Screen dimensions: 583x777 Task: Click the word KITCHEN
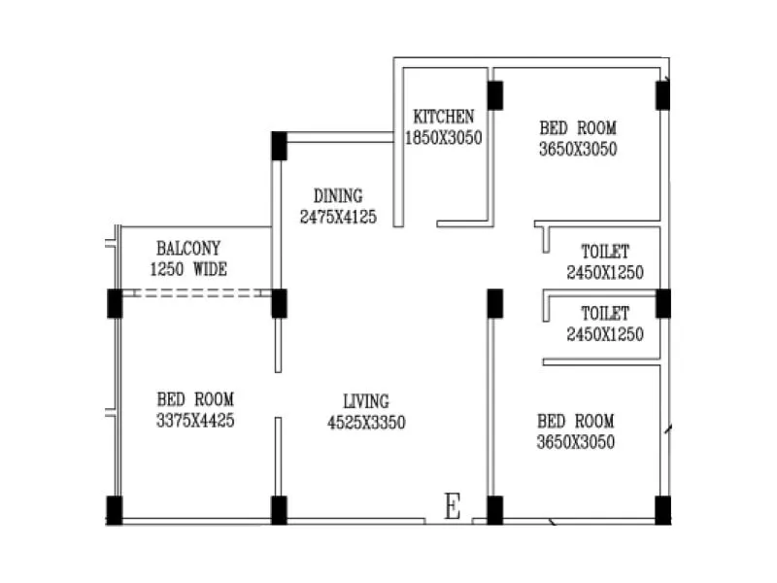(443, 117)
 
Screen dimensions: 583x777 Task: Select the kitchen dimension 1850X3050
(443, 138)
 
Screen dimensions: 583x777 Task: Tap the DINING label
(337, 195)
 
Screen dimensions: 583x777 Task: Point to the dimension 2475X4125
(337, 217)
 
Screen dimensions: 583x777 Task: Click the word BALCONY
(188, 249)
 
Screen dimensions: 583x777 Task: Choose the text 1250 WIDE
(188, 269)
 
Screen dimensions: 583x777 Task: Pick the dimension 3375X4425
(195, 421)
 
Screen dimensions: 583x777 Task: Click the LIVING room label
(365, 401)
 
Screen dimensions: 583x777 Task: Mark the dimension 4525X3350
(365, 423)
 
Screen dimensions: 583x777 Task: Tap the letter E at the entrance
(452, 507)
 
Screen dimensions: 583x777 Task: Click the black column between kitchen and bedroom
(495, 95)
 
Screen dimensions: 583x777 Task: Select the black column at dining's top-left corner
(279, 145)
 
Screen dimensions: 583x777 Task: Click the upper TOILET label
(605, 253)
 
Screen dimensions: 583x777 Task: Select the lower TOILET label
(605, 314)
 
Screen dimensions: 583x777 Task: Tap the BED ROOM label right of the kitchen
(578, 128)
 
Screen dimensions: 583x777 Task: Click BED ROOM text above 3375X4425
(195, 399)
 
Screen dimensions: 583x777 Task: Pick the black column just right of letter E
(494, 510)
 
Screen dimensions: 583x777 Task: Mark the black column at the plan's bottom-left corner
(115, 510)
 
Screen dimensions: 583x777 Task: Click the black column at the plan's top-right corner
(662, 95)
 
